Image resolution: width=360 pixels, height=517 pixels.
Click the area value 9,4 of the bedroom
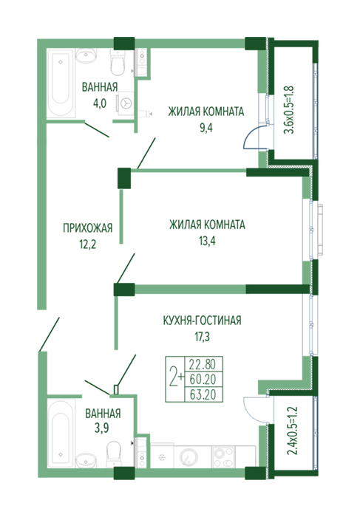206,128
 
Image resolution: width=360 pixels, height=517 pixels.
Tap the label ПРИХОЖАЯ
88,227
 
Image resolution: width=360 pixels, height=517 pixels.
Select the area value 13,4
207,242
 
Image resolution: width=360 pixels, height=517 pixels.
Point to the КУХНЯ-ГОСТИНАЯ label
203,320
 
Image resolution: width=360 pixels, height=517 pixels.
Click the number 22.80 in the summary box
203,364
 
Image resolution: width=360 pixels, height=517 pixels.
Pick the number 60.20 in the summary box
203,380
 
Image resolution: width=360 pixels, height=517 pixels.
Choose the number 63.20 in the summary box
203,394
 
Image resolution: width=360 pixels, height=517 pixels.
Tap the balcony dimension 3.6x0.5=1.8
289,110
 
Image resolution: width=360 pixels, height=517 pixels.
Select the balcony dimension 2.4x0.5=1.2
292,431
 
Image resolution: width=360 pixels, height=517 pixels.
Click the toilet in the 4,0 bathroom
117,63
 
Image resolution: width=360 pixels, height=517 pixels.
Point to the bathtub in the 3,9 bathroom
61,433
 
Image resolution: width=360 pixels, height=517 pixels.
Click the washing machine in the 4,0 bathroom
125,103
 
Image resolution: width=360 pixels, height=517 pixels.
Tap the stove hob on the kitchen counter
223,457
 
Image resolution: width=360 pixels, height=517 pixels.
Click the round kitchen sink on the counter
188,457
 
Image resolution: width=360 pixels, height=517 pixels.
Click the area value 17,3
203,337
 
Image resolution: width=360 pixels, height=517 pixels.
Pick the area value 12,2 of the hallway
87,244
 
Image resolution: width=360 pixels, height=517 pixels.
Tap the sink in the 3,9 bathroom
86,459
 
